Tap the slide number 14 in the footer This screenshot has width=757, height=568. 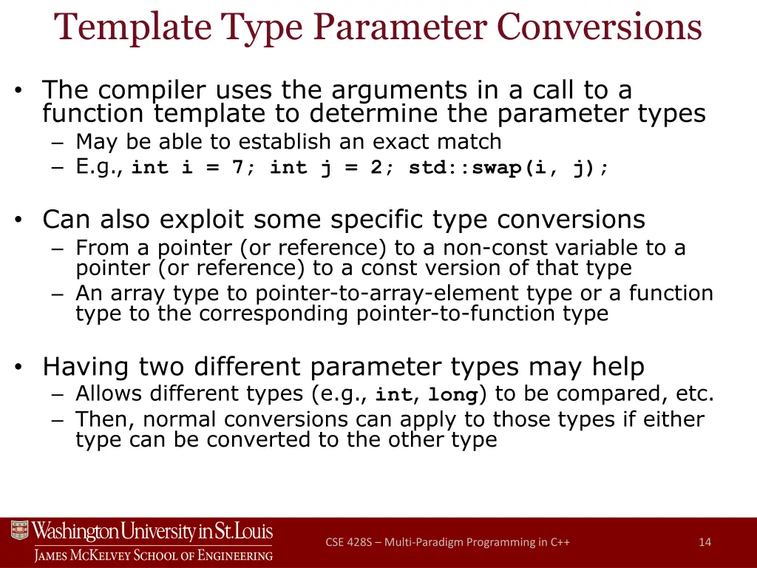705,542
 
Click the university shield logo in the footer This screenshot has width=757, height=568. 19,530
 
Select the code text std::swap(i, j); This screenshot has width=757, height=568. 509,168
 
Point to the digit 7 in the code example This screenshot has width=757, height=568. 237,168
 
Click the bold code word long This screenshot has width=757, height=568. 453,396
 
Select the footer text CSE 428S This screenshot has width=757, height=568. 347,542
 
